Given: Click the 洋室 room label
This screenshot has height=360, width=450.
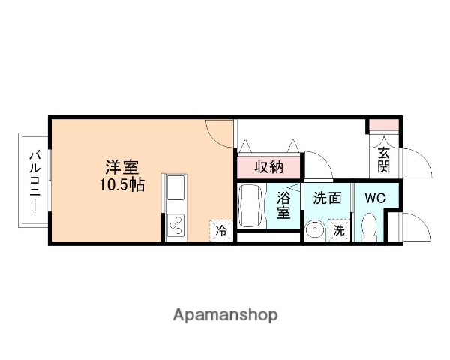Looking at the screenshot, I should point(119,167).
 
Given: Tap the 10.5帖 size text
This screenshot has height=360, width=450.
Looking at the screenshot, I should point(119,184).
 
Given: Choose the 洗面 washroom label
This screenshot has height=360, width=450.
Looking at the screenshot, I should point(327,199).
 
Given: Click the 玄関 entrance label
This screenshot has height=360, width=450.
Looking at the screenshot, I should point(384,160).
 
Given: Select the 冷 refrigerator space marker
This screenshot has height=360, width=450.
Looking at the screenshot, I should point(221,231).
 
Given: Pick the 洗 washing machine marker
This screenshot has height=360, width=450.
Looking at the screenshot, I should point(339,231).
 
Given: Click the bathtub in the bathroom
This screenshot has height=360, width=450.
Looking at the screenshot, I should point(251,205).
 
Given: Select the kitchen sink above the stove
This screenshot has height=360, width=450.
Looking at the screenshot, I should point(175,192).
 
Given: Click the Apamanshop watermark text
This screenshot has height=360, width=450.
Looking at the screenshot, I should point(225,314).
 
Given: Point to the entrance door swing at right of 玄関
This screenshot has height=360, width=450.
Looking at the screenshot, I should point(419,161).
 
